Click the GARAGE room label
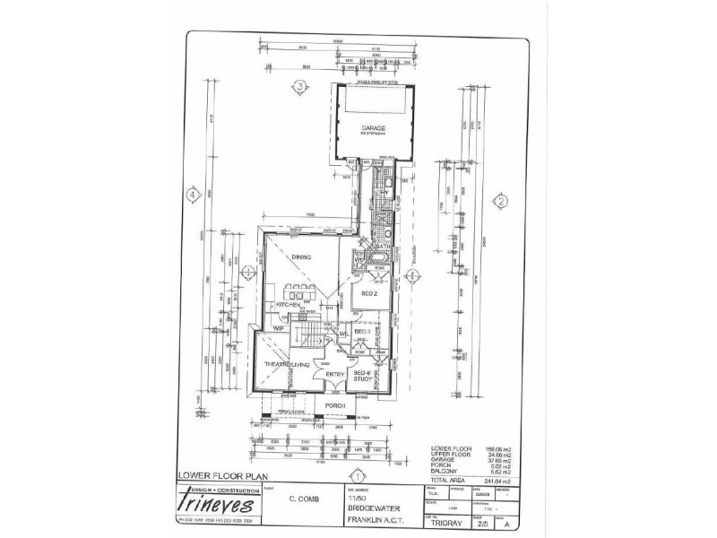tap(373, 128)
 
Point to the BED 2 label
tap(367, 293)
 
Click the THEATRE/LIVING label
tap(286, 363)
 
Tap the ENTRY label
tap(335, 374)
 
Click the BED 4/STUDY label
tap(363, 376)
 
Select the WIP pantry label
tap(266, 328)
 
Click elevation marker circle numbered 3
tap(301, 87)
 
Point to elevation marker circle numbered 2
tap(502, 202)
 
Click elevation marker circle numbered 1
tap(357, 476)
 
